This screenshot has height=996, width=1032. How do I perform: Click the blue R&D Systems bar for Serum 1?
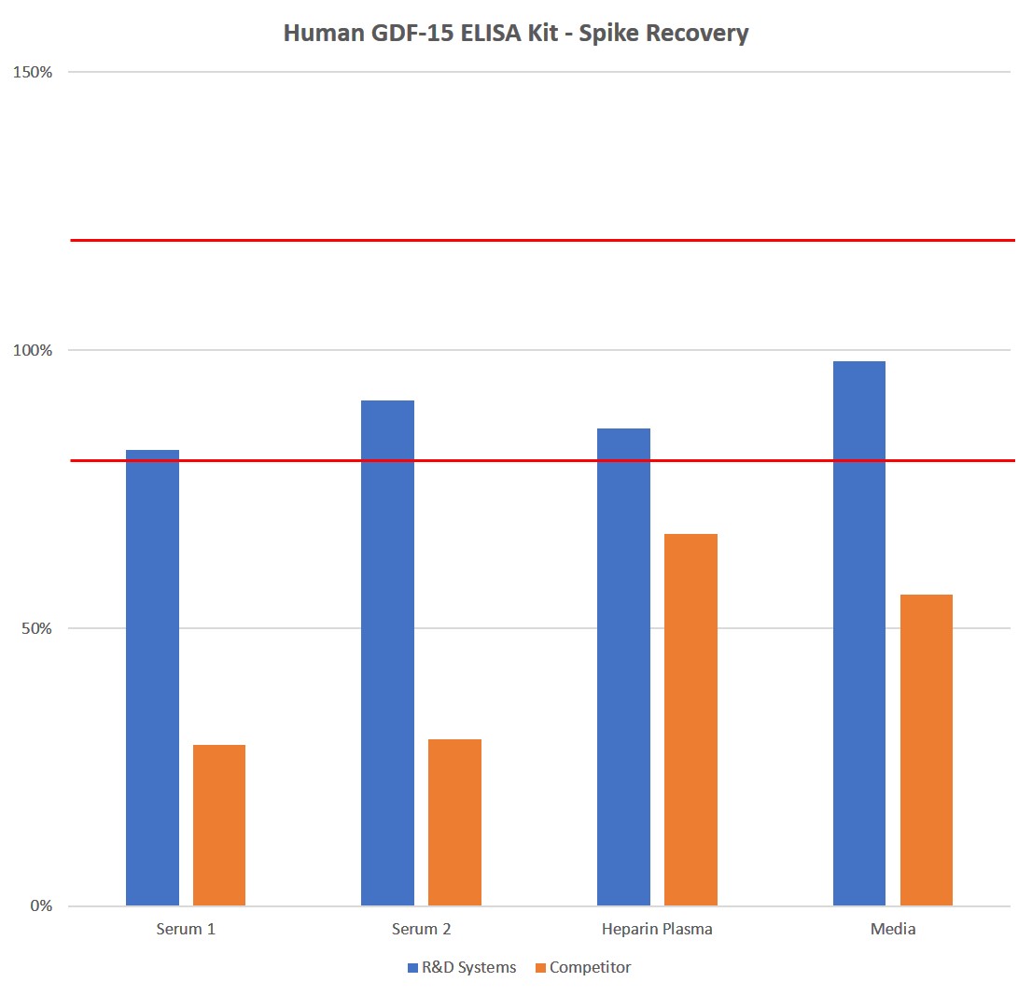152,678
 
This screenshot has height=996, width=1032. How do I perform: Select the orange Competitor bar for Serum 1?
219,825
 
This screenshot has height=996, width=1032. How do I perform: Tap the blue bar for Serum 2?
387,652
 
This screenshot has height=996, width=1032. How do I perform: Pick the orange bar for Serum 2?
454,822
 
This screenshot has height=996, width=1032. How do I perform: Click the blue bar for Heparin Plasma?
623,666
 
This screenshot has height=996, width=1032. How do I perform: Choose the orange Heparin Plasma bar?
690,720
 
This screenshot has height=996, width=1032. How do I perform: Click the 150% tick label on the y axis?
34,72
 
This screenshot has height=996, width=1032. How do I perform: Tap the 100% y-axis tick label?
34,350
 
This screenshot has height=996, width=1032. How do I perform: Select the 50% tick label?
37,628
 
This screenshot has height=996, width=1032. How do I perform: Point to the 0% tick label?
41,906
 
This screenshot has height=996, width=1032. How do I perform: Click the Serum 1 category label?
186,930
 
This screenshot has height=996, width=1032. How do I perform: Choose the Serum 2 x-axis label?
421,930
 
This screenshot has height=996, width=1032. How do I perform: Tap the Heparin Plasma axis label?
657,930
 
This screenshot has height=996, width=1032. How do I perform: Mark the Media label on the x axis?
893,930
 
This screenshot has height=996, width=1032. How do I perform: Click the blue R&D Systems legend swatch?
412,968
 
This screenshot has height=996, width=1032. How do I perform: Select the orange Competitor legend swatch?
540,968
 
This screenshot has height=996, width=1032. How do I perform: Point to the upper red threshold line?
541,240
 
